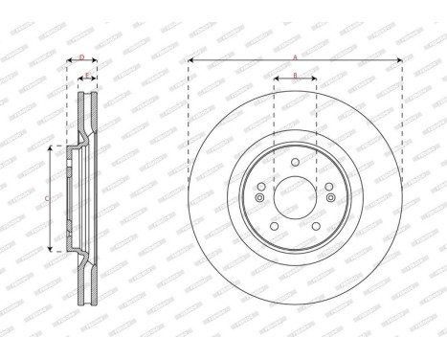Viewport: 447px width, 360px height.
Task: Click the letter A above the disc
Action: point(295,56)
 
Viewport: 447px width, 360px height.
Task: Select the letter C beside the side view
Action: point(48,198)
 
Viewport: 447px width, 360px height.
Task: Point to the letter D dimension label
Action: point(81,57)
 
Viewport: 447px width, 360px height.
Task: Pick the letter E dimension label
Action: point(87,74)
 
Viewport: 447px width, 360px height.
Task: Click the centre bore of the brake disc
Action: point(295,198)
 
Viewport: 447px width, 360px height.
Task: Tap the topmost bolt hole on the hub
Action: point(295,164)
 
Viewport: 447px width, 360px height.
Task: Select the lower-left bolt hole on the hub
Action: point(275,226)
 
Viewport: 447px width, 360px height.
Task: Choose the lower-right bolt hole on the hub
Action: point(315,226)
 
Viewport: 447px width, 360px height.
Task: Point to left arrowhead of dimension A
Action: point(191,62)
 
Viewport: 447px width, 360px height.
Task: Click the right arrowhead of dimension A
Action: point(399,62)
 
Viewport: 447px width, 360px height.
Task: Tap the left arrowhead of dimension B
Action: point(277,80)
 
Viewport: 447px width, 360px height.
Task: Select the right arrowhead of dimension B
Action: point(314,80)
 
